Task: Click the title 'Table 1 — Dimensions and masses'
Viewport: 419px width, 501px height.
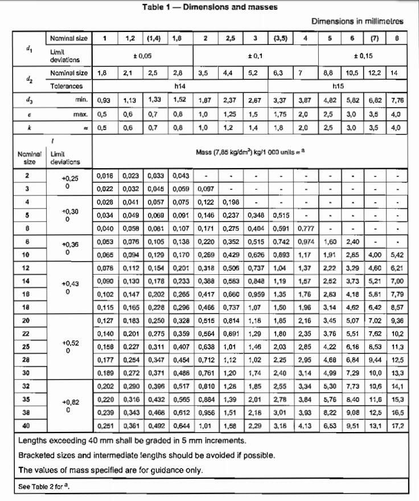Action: click(209, 7)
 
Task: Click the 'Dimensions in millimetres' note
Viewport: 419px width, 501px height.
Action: click(357, 21)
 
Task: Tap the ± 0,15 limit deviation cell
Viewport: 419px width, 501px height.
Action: click(363, 56)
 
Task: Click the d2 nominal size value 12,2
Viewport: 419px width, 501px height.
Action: click(374, 73)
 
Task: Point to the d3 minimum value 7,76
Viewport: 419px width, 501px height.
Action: click(397, 100)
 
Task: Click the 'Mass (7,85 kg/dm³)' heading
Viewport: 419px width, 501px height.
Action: click(249, 153)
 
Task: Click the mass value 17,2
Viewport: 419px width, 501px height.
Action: click(397, 426)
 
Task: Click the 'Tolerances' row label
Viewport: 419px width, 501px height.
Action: click(66, 86)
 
